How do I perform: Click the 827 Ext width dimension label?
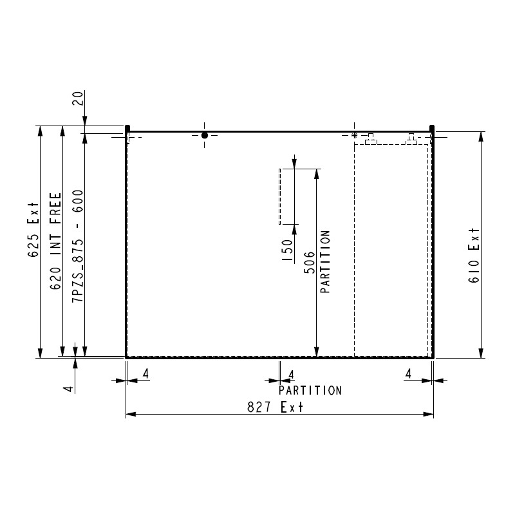tap(276, 407)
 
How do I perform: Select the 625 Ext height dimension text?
tap(33, 230)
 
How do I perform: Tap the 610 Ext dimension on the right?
tap(474, 255)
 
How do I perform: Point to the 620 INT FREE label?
tap(55, 241)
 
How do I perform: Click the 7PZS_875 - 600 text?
tap(78, 247)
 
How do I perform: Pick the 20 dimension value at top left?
tap(77, 98)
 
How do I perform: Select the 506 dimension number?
tap(309, 263)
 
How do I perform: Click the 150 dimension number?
tap(287, 250)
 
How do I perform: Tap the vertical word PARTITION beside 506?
tap(325, 261)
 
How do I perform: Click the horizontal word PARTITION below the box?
tap(310, 391)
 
